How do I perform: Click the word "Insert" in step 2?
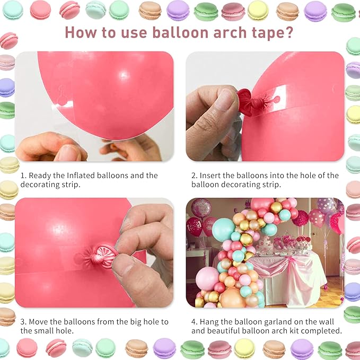[213, 175]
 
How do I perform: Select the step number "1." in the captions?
[23, 175]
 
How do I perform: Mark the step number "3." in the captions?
[24, 322]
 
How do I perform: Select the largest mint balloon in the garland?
[223, 229]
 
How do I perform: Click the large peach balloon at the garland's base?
[233, 298]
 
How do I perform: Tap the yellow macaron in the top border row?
[258, 10]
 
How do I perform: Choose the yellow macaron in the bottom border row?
[244, 348]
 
